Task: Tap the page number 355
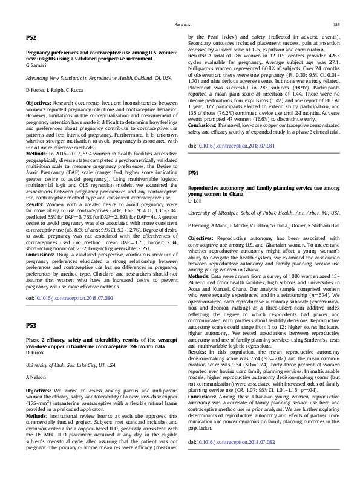point(336,24)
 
